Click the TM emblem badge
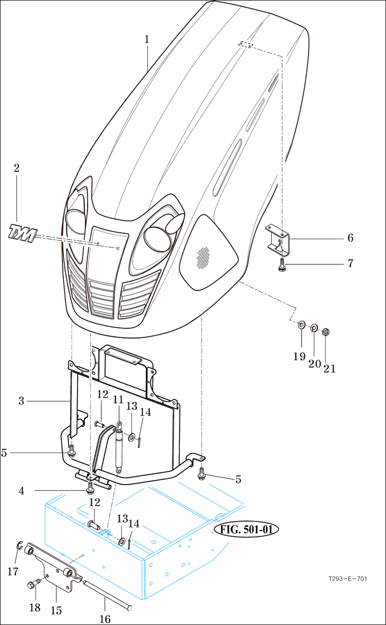23,233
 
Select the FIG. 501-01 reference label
246,530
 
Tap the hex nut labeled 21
326,331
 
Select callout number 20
314,363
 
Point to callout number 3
22,401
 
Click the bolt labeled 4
91,487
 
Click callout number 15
56,610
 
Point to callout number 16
105,618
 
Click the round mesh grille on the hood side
203,258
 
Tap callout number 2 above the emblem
17,168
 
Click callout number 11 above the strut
118,400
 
